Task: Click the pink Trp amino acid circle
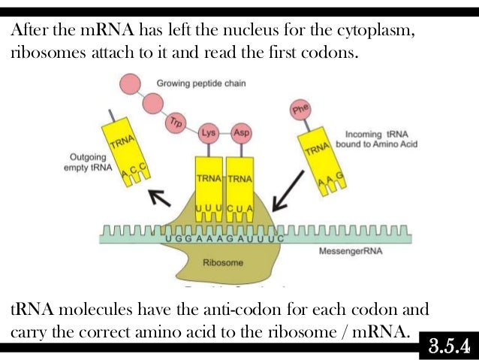tap(176, 120)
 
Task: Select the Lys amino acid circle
tap(209, 132)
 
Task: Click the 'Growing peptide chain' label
tap(200, 83)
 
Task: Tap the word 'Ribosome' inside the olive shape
tap(223, 263)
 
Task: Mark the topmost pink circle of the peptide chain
tap(128, 83)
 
